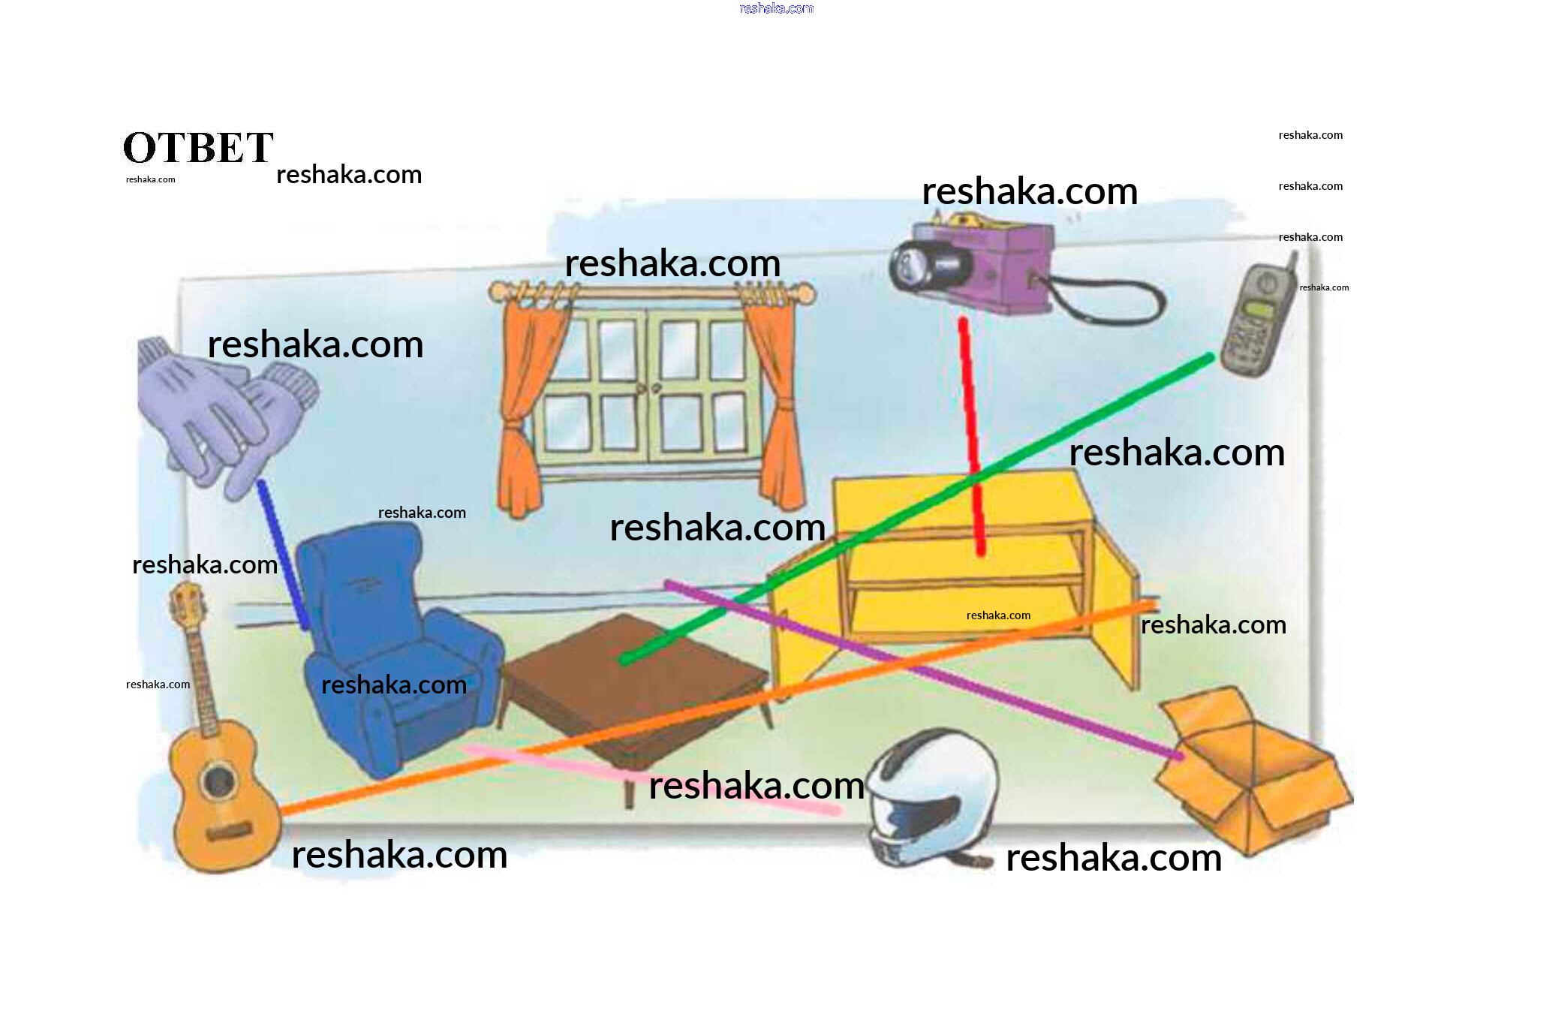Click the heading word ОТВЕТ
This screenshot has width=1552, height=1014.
[198, 147]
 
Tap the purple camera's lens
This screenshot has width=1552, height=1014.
[910, 265]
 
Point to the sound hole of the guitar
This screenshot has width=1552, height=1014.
[218, 781]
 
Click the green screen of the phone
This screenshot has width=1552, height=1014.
[1259, 308]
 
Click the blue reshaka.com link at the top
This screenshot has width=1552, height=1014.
[776, 8]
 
